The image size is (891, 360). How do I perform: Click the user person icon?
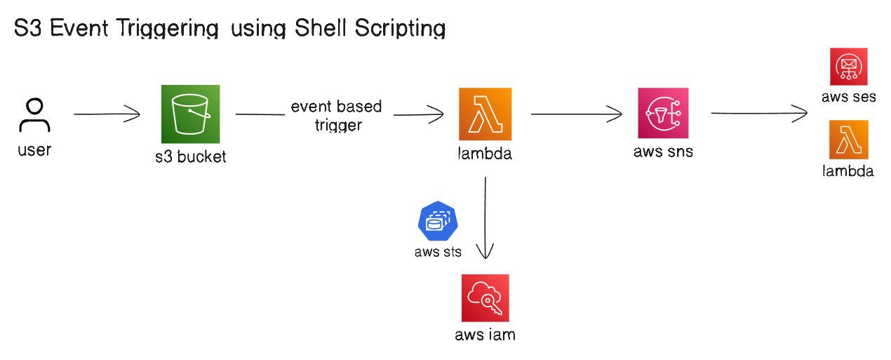(34, 115)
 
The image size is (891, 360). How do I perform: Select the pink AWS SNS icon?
(663, 112)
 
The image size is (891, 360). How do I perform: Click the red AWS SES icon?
(848, 67)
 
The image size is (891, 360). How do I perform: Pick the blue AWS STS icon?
(437, 221)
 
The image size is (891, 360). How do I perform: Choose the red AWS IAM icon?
(485, 298)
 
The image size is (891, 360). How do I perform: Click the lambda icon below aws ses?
(848, 140)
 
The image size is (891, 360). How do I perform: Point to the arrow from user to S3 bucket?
(107, 114)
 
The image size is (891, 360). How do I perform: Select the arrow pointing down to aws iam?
(485, 218)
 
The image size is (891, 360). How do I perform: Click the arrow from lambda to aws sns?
(576, 113)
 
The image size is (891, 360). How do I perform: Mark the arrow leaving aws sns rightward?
(759, 112)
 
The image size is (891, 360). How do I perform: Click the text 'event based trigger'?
(337, 116)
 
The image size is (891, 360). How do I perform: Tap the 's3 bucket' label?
(191, 156)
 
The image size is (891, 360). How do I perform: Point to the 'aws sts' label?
(438, 251)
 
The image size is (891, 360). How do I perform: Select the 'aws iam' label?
(485, 335)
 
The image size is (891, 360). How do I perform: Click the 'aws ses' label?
(849, 97)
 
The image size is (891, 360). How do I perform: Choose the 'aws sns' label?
(663, 151)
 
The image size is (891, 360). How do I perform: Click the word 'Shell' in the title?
(324, 28)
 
